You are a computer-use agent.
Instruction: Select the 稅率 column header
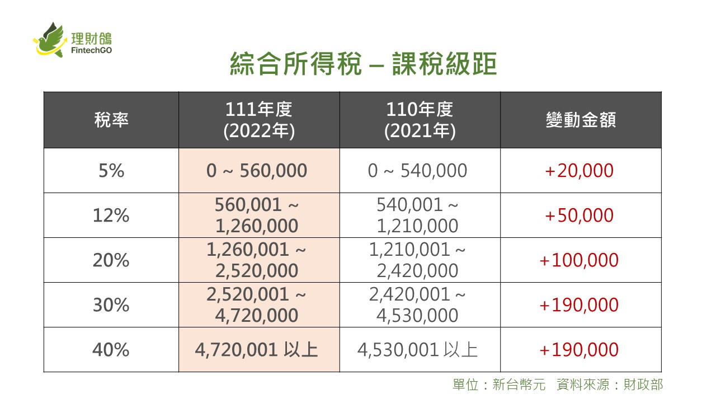111,120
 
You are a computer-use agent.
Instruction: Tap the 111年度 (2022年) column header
259,120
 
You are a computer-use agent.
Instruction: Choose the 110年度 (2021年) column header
420,120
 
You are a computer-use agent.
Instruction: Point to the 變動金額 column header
581,120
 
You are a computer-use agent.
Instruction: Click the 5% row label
111,171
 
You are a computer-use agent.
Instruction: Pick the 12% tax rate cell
111,215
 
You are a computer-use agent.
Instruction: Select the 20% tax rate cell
111,260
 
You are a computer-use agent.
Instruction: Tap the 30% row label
111,305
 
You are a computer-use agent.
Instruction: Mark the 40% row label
111,350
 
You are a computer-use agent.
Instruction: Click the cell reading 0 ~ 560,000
257,171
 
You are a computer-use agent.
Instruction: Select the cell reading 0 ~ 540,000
417,171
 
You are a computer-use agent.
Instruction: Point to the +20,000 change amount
578,171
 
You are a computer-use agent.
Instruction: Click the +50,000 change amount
578,215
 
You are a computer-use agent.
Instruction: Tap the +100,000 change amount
578,260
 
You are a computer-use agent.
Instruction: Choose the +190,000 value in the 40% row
578,350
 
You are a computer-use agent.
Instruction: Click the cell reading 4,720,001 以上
257,350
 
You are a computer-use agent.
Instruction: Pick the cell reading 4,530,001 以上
417,350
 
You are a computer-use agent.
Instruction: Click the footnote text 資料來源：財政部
610,385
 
